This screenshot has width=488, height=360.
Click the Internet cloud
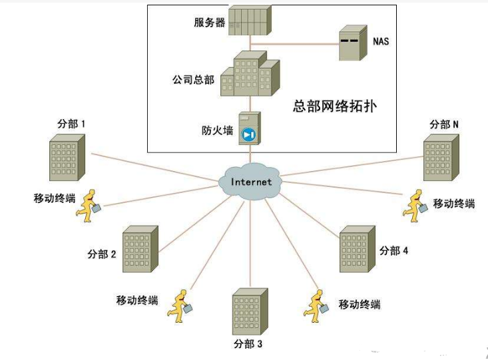pos(251,181)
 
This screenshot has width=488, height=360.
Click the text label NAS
pos(381,41)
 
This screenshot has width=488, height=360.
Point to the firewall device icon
pos(248,128)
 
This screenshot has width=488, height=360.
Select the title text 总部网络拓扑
pos(334,106)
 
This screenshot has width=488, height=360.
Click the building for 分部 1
pos(67,158)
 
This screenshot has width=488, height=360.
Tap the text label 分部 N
pos(444,124)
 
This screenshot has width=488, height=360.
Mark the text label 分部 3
pos(249,344)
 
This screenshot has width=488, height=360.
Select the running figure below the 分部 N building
pos(415,205)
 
